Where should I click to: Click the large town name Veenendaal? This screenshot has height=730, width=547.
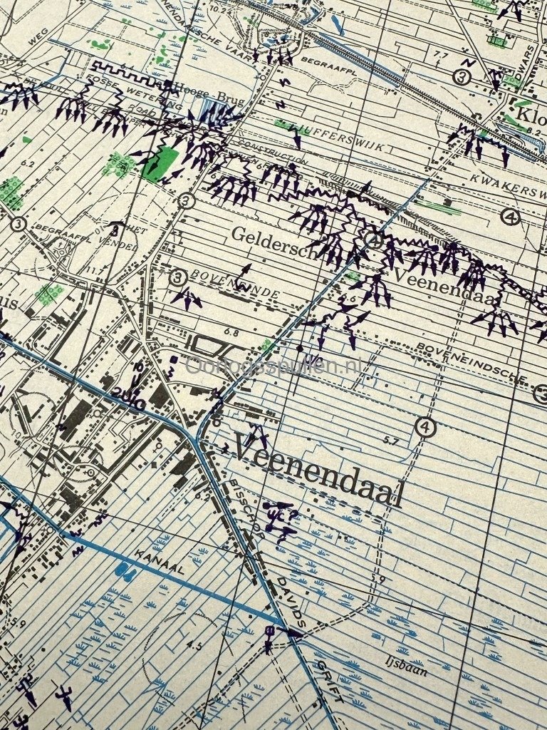[318, 472]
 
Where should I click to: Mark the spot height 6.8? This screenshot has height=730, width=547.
[230, 332]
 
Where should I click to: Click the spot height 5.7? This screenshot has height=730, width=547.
[390, 441]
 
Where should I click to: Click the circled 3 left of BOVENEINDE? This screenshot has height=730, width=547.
[178, 277]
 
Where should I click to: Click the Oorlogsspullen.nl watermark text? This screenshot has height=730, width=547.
[274, 366]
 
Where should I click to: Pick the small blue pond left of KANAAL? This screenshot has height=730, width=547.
[125, 571]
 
